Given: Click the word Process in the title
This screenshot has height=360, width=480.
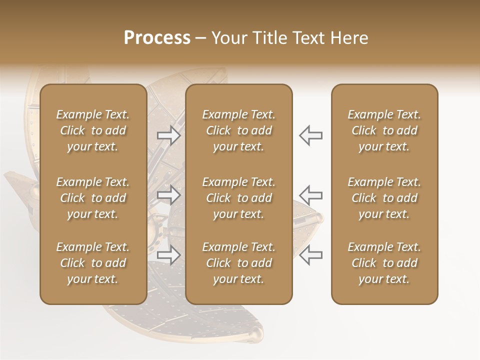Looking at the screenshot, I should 157,38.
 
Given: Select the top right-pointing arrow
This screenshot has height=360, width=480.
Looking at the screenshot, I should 168,135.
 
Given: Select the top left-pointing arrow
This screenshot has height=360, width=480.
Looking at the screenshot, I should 311,135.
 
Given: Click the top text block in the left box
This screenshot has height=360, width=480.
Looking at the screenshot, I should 93,130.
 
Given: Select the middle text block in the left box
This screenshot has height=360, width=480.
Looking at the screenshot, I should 93,198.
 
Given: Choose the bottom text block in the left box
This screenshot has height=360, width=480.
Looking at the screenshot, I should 93,263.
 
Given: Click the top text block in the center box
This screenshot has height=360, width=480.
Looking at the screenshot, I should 238,130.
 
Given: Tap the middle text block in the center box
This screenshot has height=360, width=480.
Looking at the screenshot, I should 238,198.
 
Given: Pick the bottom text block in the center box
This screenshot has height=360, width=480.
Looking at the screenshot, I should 238,263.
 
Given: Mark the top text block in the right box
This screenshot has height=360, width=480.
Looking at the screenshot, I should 384,130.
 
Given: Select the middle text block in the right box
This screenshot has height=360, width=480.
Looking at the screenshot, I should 384,198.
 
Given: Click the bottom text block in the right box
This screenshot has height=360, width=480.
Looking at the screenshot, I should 384,263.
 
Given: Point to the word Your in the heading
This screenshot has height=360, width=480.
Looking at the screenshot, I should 230,38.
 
